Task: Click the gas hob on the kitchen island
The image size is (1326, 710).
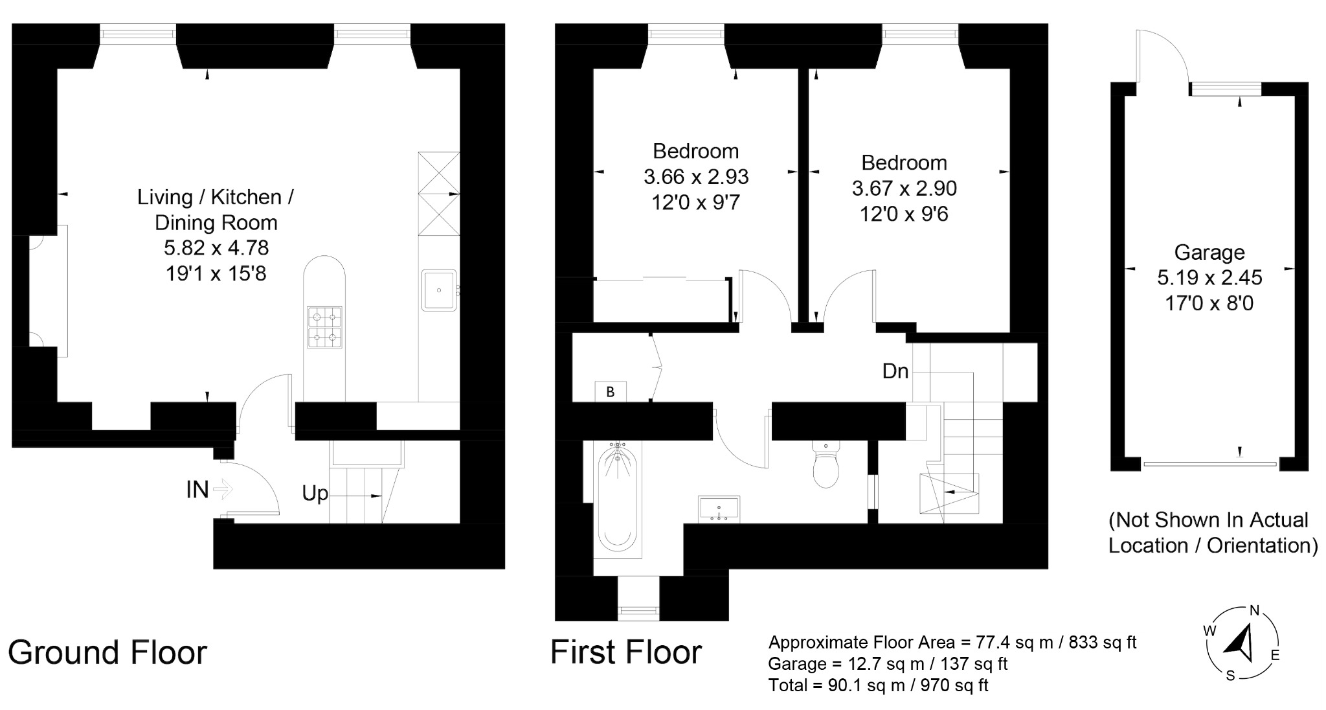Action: [324, 327]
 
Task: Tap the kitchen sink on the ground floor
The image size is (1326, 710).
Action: [439, 290]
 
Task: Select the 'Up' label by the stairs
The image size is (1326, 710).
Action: [315, 494]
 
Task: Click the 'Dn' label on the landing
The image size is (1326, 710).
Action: [895, 371]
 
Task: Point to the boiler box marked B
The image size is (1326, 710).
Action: [610, 392]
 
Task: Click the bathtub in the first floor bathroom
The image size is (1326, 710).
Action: [618, 499]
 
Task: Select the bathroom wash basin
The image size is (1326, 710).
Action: [719, 509]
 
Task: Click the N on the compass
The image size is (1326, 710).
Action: [1254, 610]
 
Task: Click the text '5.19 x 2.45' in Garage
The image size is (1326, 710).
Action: [1209, 278]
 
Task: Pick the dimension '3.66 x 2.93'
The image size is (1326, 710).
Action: [695, 177]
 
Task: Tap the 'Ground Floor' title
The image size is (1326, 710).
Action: [107, 652]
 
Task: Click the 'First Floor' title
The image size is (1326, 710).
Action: [626, 652]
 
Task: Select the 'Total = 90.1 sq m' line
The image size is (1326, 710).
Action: [878, 685]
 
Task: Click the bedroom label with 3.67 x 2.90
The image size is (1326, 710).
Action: [904, 163]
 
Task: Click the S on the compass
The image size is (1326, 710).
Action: [1230, 676]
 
